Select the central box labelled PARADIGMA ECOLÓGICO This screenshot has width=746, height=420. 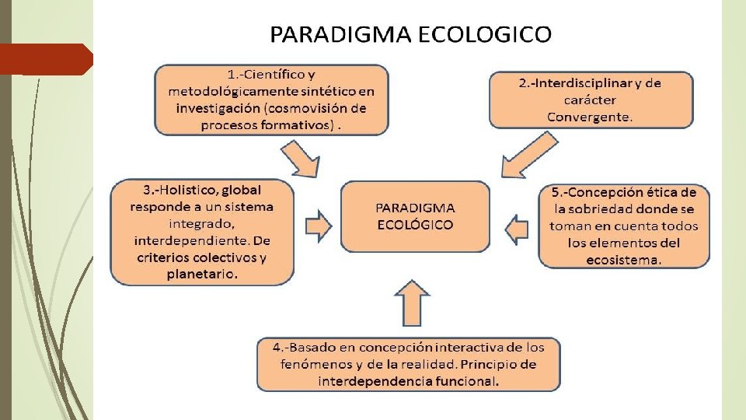pyautogui.click(x=416, y=216)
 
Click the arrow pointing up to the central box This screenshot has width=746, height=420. pyautogui.click(x=412, y=303)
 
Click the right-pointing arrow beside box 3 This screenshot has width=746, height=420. pyautogui.click(x=319, y=225)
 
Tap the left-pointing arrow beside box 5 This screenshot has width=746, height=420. pyautogui.click(x=516, y=228)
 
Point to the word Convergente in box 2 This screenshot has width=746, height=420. pyautogui.click(x=590, y=117)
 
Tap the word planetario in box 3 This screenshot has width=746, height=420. pyautogui.click(x=203, y=274)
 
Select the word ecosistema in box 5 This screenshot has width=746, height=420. pyautogui.click(x=624, y=260)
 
